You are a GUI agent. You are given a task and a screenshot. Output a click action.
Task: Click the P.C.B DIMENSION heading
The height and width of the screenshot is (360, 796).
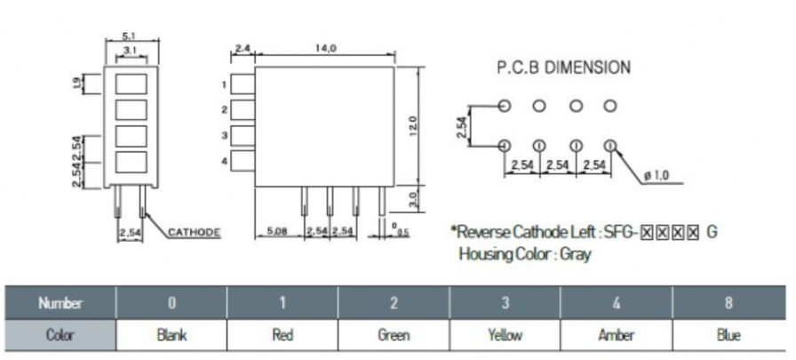point(562,67)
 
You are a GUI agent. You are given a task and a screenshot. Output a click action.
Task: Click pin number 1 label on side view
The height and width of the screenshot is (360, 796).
point(225,85)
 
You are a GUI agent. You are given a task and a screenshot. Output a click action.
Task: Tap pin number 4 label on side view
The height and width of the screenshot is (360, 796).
point(225,161)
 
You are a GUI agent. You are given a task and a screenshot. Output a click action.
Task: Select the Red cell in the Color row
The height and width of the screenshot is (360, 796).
point(283,336)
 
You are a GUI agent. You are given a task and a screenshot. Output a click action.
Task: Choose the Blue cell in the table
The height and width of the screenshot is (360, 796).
point(728,336)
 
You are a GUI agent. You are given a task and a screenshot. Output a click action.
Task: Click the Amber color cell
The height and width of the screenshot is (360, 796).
point(616,336)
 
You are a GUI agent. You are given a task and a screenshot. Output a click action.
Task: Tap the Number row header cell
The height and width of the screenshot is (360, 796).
point(60,303)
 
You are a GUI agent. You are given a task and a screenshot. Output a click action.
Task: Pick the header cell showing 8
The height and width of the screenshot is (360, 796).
point(728,303)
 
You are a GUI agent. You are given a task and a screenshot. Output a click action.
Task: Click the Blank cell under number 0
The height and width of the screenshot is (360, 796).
point(171,336)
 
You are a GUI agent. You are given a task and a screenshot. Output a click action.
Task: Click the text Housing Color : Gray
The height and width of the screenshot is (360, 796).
point(524,254)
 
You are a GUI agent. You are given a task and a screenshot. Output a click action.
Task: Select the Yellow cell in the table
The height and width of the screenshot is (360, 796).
point(505,336)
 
